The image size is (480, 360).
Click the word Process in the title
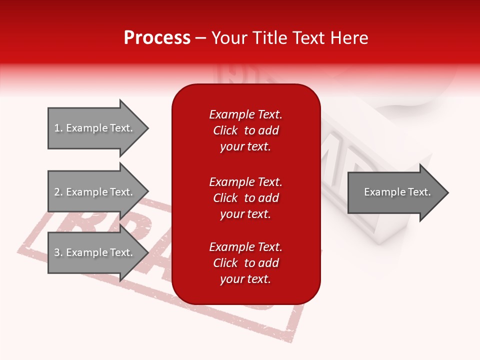click(157, 38)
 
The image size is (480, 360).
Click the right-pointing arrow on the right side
click(395, 192)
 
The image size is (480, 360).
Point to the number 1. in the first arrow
click(58, 128)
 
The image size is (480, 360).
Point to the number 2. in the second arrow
click(58, 192)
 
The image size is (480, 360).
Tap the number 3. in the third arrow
click(58, 252)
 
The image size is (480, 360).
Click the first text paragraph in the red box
click(245, 130)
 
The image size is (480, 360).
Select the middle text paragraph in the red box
click(245, 198)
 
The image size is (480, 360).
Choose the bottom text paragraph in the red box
click(245, 263)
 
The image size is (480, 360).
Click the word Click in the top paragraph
click(225, 130)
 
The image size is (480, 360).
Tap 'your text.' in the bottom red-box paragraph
click(245, 279)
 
